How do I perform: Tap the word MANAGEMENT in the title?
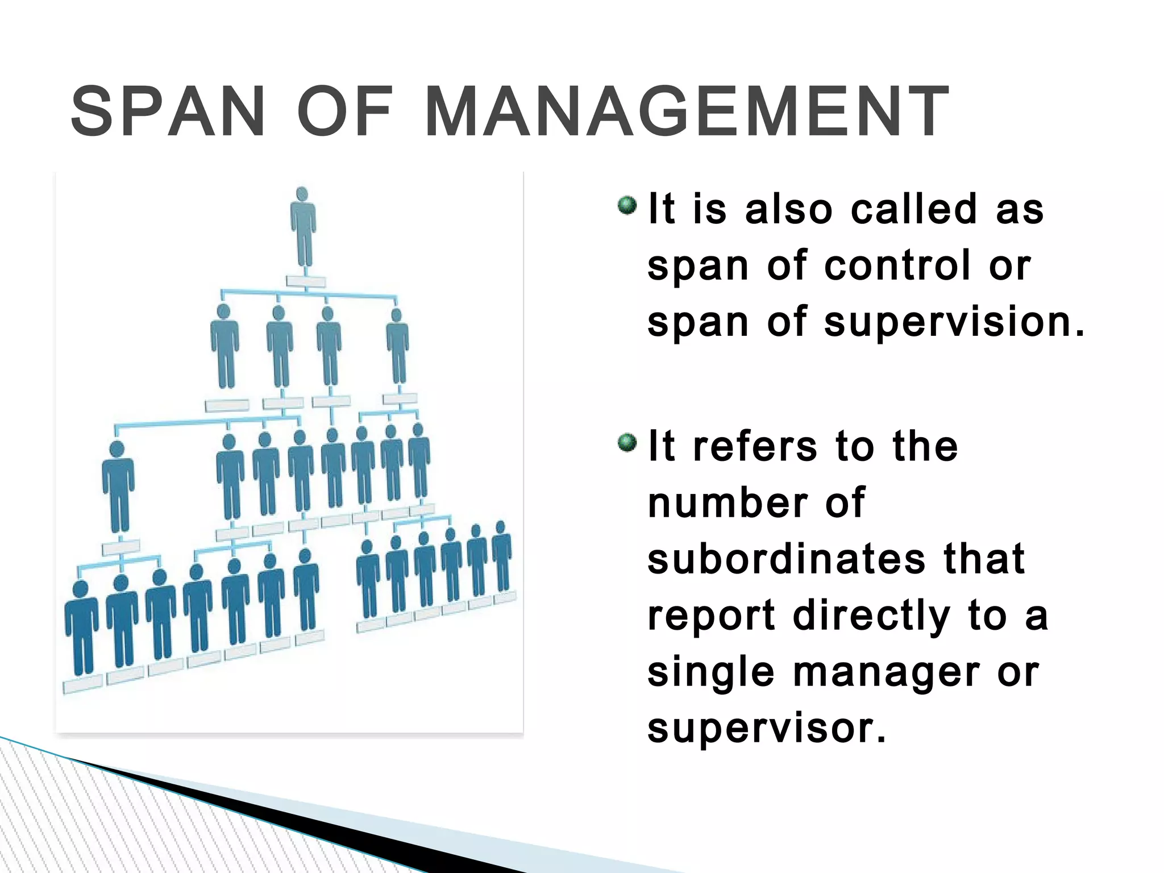[x=687, y=111]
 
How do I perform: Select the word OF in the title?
[x=345, y=111]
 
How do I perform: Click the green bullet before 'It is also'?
[x=627, y=205]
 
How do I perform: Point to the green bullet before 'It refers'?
[x=627, y=442]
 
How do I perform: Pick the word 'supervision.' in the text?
[x=955, y=323]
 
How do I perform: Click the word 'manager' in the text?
[x=887, y=673]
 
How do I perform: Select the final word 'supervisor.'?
[x=767, y=728]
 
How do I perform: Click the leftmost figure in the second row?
[x=225, y=347]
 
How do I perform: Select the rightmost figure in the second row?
[x=397, y=347]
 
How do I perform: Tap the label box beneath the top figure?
[x=306, y=281]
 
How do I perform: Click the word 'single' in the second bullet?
[x=711, y=673]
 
